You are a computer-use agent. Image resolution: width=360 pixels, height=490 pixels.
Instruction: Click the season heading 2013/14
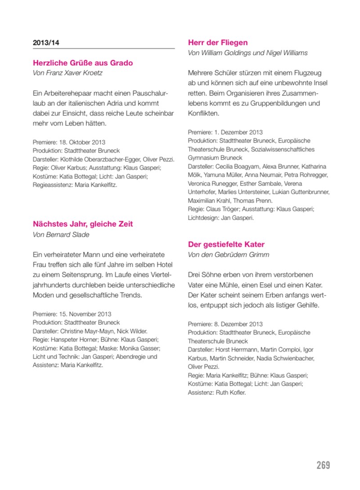point(46,43)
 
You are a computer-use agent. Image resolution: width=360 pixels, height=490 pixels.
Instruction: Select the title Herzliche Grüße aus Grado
point(83,63)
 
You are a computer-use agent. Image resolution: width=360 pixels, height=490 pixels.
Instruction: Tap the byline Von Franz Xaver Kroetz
point(71,73)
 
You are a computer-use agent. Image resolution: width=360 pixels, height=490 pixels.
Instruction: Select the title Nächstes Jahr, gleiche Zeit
point(83,224)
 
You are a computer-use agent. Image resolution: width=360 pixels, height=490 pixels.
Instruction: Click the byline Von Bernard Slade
point(61,234)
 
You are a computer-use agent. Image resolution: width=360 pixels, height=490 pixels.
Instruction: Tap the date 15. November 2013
point(85,314)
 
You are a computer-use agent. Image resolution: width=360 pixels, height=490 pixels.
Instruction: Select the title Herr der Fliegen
point(218,43)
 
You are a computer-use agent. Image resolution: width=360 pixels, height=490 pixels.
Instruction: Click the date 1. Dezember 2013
point(238,132)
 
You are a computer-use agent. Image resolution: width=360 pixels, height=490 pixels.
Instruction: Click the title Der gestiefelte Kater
point(226,245)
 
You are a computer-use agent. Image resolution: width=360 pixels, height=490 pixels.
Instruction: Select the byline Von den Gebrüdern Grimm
point(228,255)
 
